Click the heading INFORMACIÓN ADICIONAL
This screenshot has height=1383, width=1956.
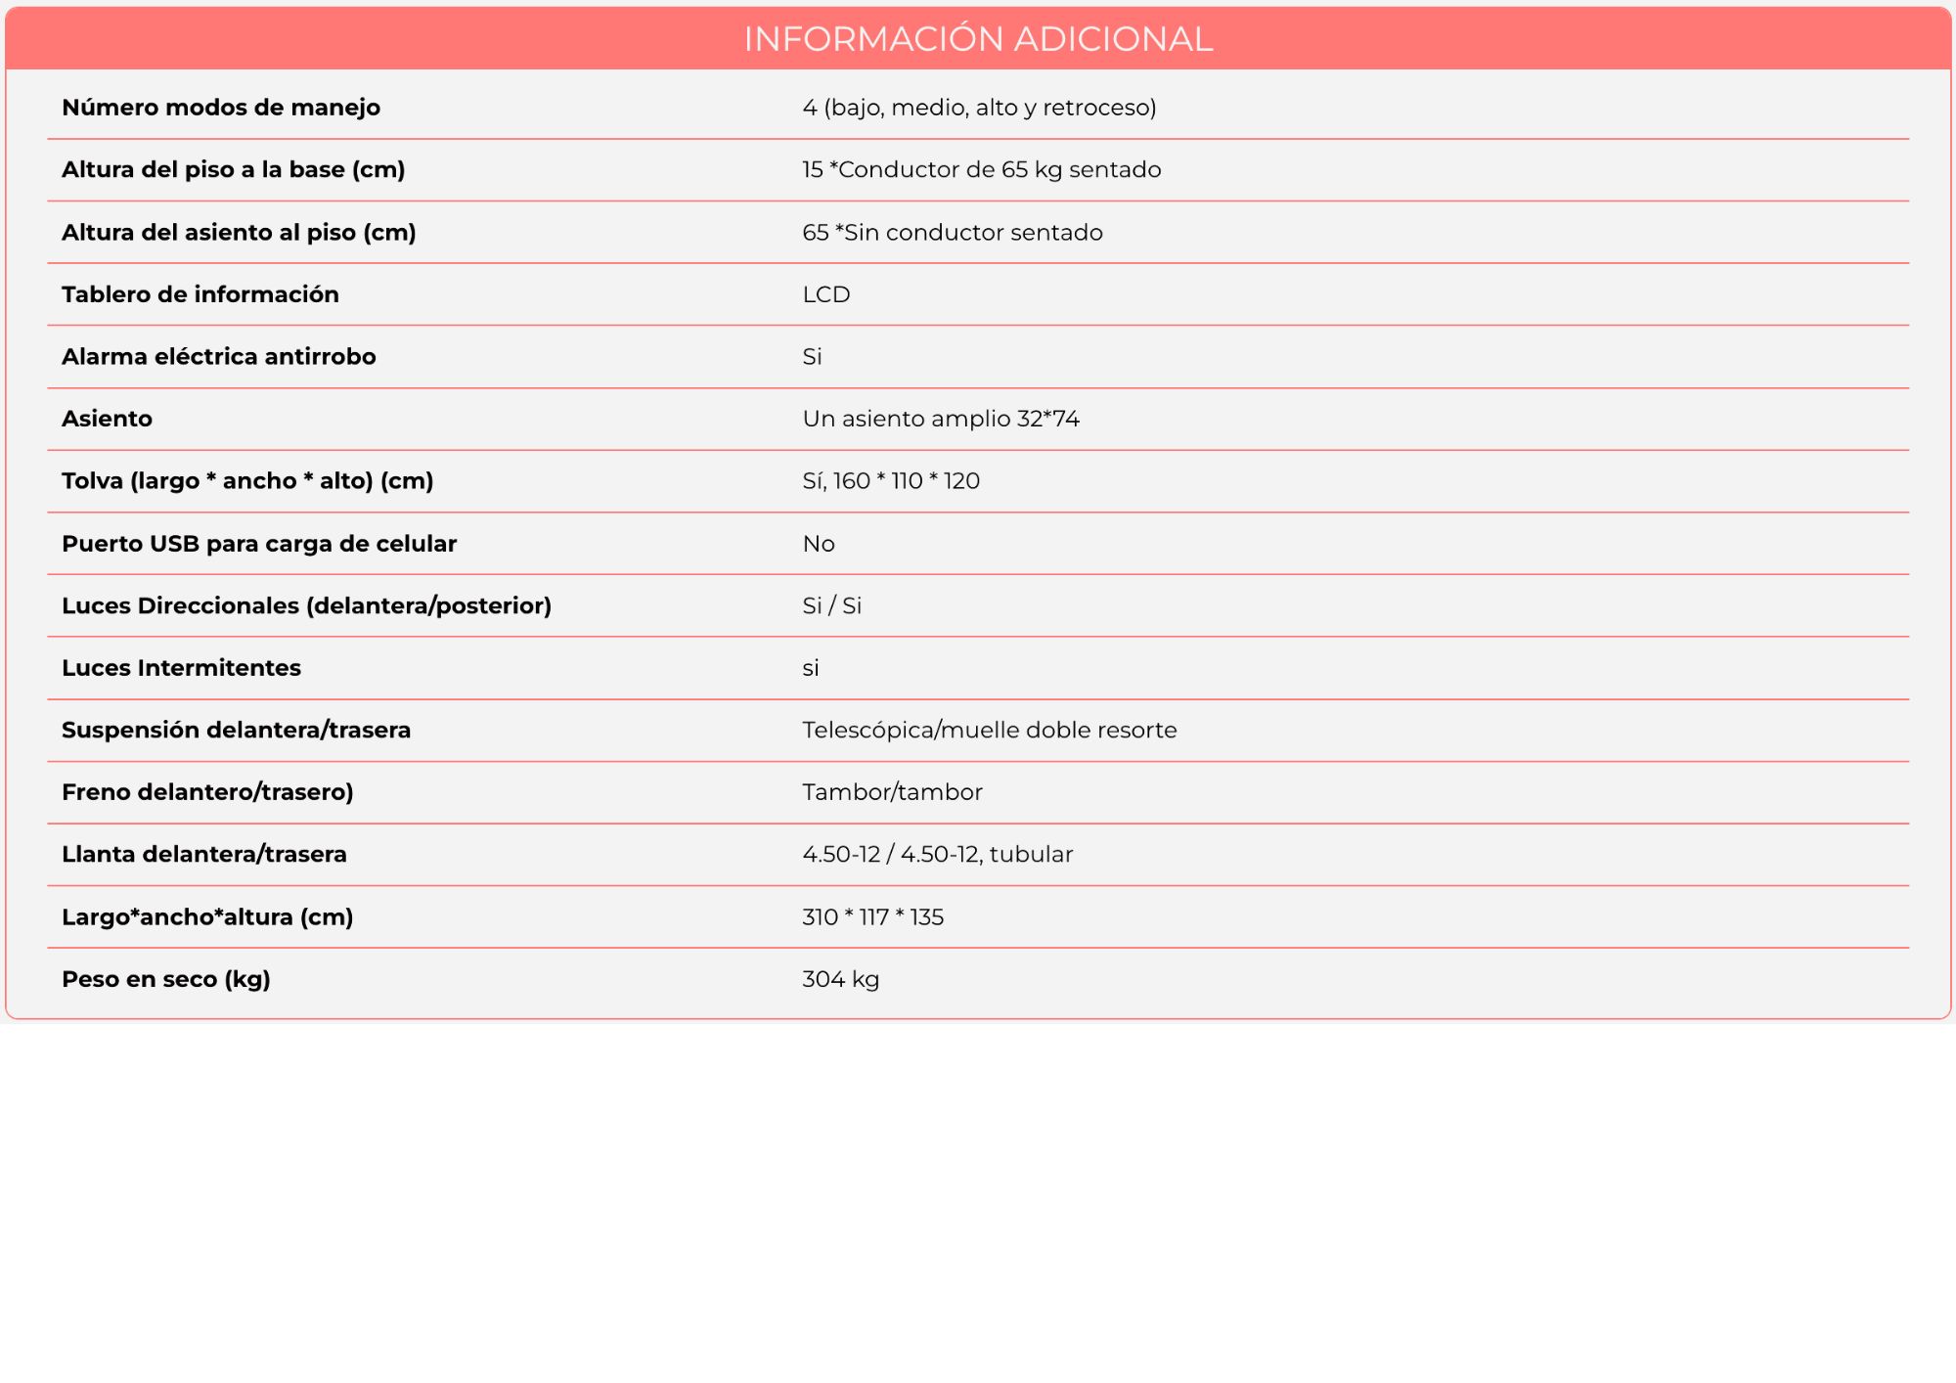pos(978,39)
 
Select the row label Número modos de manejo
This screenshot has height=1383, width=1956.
pos(221,108)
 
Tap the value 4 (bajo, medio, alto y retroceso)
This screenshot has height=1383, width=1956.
pos(979,108)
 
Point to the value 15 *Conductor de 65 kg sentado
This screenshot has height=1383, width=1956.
pos(981,170)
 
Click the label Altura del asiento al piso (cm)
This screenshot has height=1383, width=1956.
pos(239,233)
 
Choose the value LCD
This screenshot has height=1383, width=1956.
pos(826,294)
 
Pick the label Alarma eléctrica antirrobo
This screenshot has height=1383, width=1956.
pos(219,357)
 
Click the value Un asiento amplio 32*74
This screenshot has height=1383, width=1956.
pos(941,419)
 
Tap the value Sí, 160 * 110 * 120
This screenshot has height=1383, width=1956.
pos(891,481)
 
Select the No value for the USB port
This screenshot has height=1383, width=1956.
pos(819,544)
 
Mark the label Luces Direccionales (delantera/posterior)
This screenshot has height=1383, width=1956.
pos(306,606)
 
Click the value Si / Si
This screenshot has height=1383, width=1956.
pos(831,606)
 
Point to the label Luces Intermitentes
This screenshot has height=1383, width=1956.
pos(181,668)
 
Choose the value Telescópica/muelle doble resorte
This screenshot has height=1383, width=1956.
pos(989,731)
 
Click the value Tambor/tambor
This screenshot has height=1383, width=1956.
pos(892,792)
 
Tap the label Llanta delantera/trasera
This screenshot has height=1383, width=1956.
pos(203,855)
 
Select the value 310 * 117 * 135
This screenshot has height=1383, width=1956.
pos(872,917)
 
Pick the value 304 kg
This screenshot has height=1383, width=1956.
pos(840,979)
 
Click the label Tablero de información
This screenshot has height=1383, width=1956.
pos(200,294)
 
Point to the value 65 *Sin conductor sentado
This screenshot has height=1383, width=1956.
pos(953,233)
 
